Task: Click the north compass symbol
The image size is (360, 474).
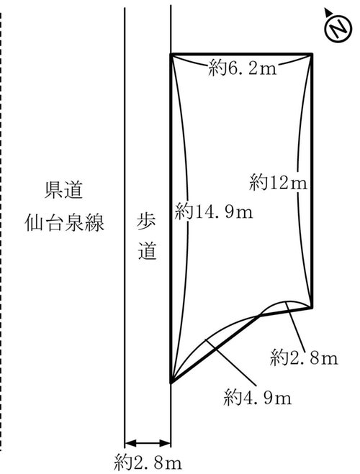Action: pos(338,28)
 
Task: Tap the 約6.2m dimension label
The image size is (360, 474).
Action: pos(243,69)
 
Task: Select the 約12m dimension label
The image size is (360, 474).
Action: pos(278,183)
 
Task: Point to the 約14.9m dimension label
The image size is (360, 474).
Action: pos(214,211)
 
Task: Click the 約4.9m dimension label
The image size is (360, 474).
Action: pos(258,398)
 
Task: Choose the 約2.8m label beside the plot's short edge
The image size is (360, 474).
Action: pos(304,358)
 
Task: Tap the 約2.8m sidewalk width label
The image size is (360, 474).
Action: pos(148,462)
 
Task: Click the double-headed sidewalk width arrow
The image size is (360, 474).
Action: pos(148,444)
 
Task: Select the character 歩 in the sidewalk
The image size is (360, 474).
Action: pos(147,222)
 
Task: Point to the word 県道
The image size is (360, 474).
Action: pos(64,190)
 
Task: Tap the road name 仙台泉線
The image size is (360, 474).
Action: pos(64,223)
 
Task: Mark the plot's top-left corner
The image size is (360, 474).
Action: pos(171,54)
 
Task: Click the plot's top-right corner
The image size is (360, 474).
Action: pos(312,54)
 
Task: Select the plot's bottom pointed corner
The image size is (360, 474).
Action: pos(171,383)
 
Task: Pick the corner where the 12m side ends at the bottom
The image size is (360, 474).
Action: pos(312,308)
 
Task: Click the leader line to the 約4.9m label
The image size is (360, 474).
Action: pos(231,363)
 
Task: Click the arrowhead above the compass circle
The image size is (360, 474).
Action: pos(328,12)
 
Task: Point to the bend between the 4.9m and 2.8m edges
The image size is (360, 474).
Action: pos(260,315)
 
